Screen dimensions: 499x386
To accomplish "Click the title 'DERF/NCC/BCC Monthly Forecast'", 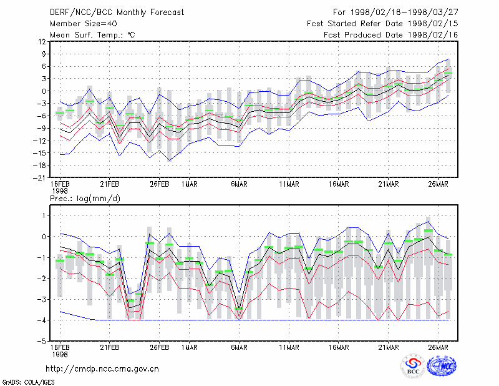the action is point(117,12).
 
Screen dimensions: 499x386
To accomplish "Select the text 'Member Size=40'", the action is point(84,24).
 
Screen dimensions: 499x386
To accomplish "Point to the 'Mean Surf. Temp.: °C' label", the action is point(92,35).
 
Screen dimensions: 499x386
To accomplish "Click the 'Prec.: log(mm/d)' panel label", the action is point(85,199).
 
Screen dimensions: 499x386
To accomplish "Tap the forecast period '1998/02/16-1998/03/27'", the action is point(404,12).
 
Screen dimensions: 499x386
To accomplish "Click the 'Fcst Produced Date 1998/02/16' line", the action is point(391,35).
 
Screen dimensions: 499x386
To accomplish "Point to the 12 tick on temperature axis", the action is point(42,42).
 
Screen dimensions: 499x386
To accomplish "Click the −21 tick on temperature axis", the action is point(39,178).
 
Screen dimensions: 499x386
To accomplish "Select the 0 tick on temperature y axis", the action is point(44,91).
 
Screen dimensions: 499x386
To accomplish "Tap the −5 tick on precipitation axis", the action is point(42,342).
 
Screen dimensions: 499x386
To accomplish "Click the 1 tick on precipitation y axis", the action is point(44,215).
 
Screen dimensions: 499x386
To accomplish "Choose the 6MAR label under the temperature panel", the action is point(240,184).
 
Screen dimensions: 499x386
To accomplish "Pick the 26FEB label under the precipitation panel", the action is point(160,347).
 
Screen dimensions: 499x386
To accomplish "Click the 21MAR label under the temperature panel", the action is point(389,184).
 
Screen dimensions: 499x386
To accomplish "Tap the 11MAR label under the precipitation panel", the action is point(289,347).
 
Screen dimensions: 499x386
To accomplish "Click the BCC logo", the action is point(413,366).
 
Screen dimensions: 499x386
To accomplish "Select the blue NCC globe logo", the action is point(442,366).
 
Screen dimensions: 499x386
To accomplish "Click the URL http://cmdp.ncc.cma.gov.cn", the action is point(102,369).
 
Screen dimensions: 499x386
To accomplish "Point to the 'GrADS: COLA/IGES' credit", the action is point(29,382).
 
